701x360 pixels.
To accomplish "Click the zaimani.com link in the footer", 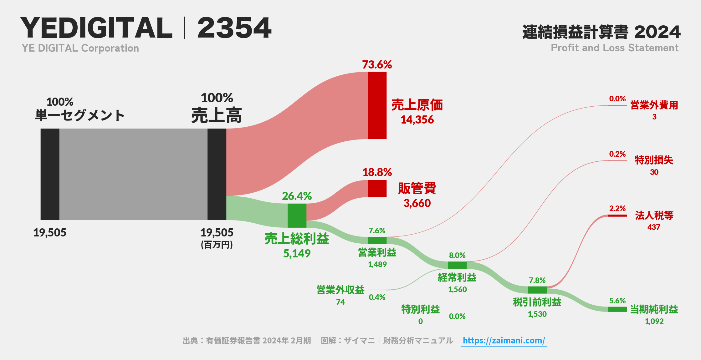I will pyautogui.click(x=504, y=340).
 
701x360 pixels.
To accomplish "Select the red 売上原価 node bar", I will pyautogui.click(x=377, y=105).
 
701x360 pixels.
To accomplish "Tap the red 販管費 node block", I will pyautogui.click(x=377, y=188).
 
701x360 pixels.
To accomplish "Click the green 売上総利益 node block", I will pyautogui.click(x=297, y=215).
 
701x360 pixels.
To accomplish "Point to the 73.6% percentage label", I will pyautogui.click(x=377, y=65).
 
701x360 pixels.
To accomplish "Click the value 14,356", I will pyautogui.click(x=417, y=120).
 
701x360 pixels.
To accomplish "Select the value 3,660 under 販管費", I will pyautogui.click(x=417, y=203).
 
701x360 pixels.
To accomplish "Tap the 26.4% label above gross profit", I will pyautogui.click(x=297, y=196).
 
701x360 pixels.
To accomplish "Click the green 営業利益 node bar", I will pyautogui.click(x=377, y=240).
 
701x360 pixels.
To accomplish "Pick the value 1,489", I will pyautogui.click(x=377, y=265).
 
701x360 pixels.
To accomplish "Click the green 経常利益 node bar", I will pyautogui.click(x=457, y=265).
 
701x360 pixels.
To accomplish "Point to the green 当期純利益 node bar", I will pyautogui.click(x=617, y=309).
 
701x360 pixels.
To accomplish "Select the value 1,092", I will pyautogui.click(x=654, y=322).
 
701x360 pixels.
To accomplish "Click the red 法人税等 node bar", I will pyautogui.click(x=617, y=215).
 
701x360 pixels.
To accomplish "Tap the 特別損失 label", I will pyautogui.click(x=654, y=160).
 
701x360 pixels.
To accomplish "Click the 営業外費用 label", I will pyautogui.click(x=654, y=105).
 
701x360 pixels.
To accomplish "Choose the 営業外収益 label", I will pyautogui.click(x=340, y=290).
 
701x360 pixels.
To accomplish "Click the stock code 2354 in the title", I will pyautogui.click(x=234, y=28).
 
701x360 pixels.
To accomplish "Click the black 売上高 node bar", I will pyautogui.click(x=217, y=174).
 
